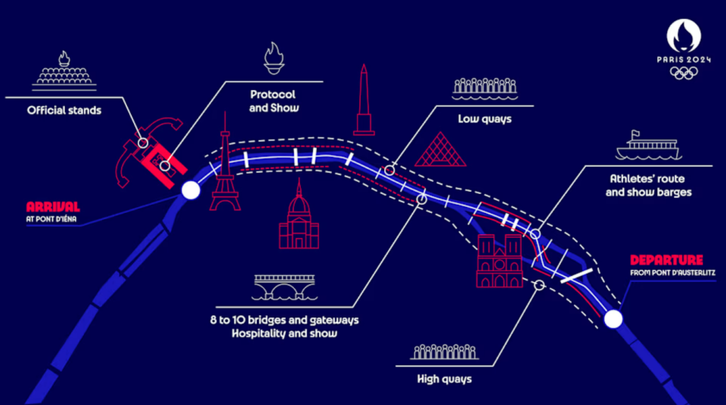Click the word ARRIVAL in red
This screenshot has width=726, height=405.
click(x=53, y=207)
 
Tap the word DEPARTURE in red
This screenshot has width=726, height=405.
click(x=666, y=258)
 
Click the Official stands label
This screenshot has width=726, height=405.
click(x=64, y=110)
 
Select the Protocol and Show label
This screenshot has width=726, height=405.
click(x=272, y=101)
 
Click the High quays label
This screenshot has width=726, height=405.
click(x=444, y=379)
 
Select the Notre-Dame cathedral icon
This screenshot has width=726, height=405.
click(x=498, y=261)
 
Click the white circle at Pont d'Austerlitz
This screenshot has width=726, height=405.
click(x=613, y=320)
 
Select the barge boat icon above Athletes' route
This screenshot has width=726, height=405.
click(x=647, y=147)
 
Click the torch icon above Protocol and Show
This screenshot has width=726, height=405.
click(x=273, y=57)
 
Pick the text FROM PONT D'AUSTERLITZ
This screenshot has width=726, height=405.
click(x=673, y=272)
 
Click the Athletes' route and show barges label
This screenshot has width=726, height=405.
click(x=650, y=186)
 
